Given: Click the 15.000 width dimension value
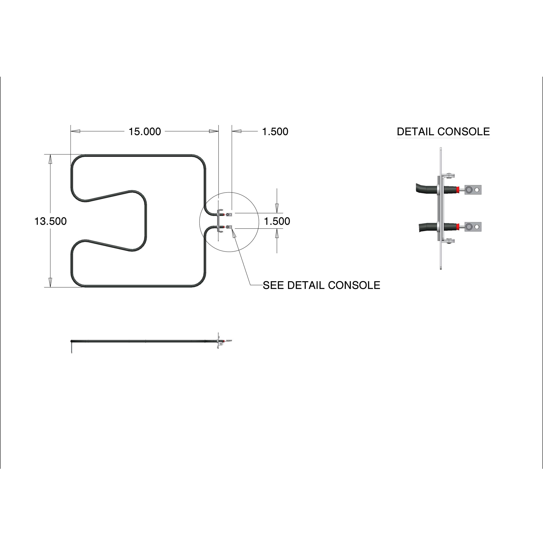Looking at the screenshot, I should [145, 131].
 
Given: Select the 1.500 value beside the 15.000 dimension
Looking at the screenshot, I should [275, 131].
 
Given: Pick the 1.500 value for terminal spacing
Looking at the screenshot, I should [277, 221].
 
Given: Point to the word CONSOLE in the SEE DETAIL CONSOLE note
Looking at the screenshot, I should [354, 285].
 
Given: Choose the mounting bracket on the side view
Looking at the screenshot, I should [218, 341].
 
